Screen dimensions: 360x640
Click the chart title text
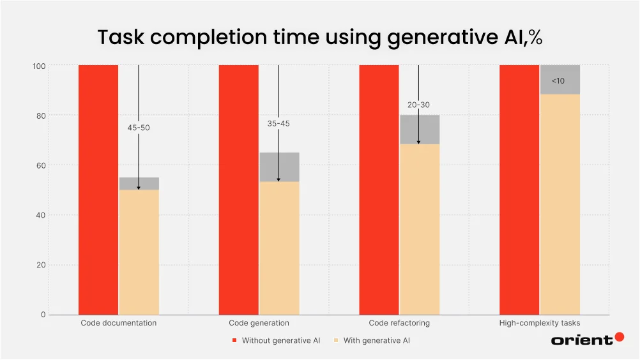click(319, 38)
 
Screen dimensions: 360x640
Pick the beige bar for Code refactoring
click(420, 230)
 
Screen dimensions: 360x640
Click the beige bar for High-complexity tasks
click(560, 204)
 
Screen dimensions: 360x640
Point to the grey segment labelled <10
click(560, 80)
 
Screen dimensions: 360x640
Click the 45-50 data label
click(139, 128)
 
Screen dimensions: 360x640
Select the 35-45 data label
click(278, 123)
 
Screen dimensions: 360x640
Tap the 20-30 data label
click(418, 105)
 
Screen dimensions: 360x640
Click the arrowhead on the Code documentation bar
click(139, 188)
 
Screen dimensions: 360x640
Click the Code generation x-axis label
click(259, 323)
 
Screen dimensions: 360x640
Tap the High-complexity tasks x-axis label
click(540, 323)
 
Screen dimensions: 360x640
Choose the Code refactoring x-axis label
click(399, 323)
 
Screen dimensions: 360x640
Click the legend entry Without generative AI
click(280, 341)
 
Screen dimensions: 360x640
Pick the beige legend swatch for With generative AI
click(336, 341)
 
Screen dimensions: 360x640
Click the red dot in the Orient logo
click(619, 337)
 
